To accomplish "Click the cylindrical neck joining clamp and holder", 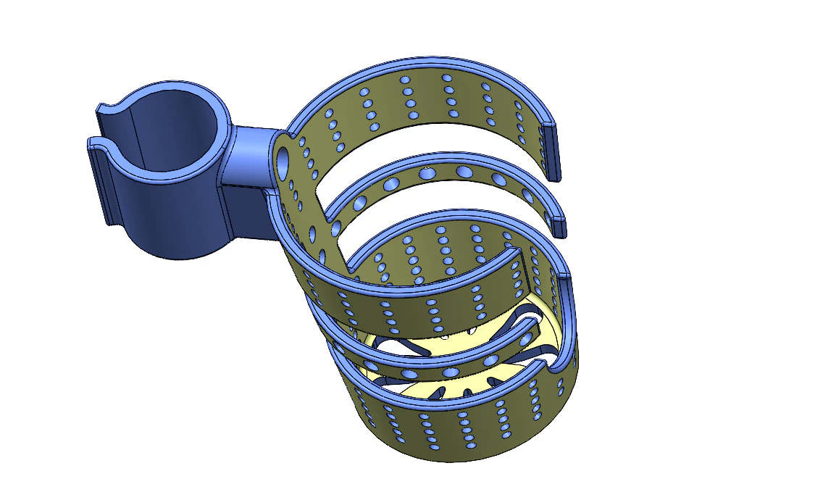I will click(246, 156).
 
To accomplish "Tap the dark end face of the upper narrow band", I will click(559, 224).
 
